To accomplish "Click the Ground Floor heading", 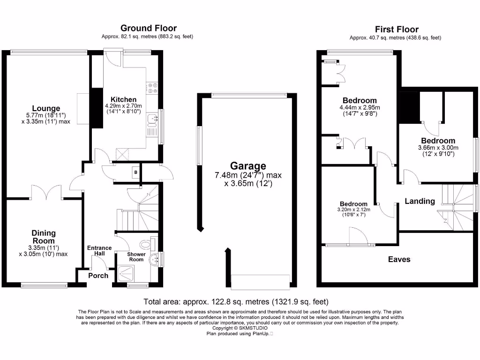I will [149, 28].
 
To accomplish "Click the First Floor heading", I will [397, 29].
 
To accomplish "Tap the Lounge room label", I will [46, 108].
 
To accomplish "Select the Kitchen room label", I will [123, 99].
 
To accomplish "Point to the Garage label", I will [247, 165].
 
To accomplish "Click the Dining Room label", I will [44, 236].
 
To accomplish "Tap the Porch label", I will [98, 275].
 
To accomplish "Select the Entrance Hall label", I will [99, 251].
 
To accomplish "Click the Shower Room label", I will [136, 257].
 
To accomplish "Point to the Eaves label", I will [399, 259].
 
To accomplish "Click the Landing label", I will [420, 201].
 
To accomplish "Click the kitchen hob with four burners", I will [153, 88].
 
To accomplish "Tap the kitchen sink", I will [152, 121].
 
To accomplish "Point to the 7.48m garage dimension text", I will [248, 175].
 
